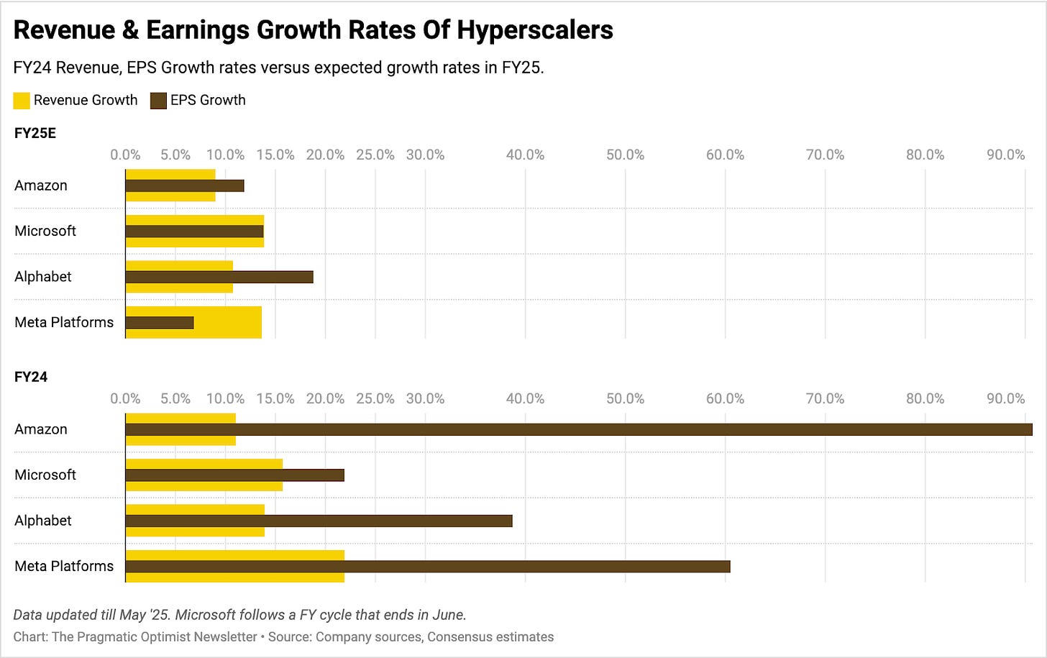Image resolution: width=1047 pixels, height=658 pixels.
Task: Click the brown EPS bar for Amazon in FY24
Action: point(579,429)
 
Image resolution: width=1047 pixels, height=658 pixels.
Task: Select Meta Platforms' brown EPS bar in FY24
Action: point(428,567)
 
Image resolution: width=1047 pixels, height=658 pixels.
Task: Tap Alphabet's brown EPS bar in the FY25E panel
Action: point(219,277)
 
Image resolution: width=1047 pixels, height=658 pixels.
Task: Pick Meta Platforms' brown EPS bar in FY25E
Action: point(160,323)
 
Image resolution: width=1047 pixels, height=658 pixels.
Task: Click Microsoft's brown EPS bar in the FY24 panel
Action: point(235,475)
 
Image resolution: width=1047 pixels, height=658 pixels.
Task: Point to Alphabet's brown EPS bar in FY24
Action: point(319,521)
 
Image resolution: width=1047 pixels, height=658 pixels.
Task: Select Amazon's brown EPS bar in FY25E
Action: point(185,186)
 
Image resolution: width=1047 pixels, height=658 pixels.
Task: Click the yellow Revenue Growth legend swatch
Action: point(22,101)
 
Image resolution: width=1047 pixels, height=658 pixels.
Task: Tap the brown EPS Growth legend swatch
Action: point(158,101)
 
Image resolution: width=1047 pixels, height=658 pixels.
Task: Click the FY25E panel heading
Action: point(35,133)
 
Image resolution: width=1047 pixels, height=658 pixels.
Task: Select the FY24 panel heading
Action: point(31,377)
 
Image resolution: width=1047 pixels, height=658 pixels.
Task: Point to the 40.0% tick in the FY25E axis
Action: point(525,155)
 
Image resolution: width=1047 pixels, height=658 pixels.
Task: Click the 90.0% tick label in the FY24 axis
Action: point(1005,398)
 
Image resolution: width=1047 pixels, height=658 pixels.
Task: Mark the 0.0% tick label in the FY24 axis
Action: point(125,398)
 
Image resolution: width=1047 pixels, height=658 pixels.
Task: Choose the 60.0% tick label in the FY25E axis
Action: point(725,155)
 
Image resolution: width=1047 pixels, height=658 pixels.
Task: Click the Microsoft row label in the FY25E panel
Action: point(45,231)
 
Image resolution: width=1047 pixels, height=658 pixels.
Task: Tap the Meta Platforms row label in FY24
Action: point(64,566)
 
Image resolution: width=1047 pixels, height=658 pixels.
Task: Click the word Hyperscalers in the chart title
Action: point(535,30)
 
